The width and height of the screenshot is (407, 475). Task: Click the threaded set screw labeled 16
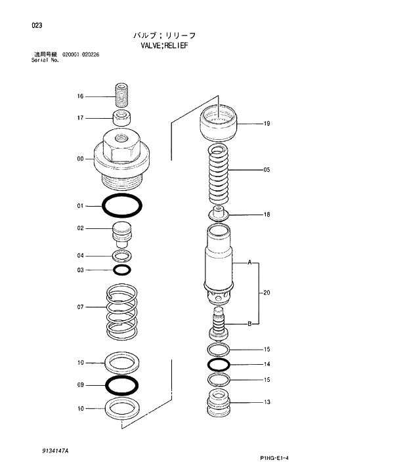121,96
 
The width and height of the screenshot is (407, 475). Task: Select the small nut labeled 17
121,119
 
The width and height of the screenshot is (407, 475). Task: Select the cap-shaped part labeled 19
219,123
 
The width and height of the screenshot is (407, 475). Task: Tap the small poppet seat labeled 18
219,214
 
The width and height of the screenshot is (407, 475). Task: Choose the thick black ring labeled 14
219,364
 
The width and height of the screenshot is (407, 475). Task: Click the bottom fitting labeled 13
219,402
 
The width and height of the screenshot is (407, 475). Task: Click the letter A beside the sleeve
249,262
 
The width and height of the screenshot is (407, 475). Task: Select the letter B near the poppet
249,323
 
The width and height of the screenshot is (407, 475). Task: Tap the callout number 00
80,158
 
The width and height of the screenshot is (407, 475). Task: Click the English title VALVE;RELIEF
164,46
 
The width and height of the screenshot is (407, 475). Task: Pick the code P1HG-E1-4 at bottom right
270,459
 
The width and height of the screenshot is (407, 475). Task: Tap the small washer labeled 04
121,255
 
